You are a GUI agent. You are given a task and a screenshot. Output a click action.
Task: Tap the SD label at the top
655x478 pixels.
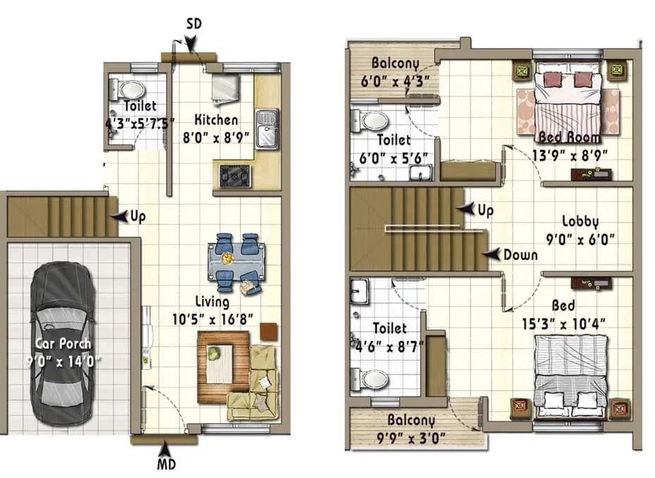pyautogui.click(x=193, y=24)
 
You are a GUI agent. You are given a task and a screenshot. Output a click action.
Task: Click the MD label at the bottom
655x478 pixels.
pyautogui.click(x=166, y=464)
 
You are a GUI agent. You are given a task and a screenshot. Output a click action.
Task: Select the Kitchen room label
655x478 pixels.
pyautogui.click(x=216, y=120)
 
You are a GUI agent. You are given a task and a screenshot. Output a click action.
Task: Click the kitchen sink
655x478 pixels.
pyautogui.click(x=266, y=129)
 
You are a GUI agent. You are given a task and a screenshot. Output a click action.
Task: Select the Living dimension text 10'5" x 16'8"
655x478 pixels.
pyautogui.click(x=212, y=318)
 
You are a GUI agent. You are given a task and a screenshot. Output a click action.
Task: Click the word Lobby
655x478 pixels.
pyautogui.click(x=580, y=222)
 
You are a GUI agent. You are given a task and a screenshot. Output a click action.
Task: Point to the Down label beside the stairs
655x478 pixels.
pyautogui.click(x=521, y=254)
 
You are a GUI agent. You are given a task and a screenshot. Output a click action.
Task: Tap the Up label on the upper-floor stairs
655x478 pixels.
pyautogui.click(x=485, y=210)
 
